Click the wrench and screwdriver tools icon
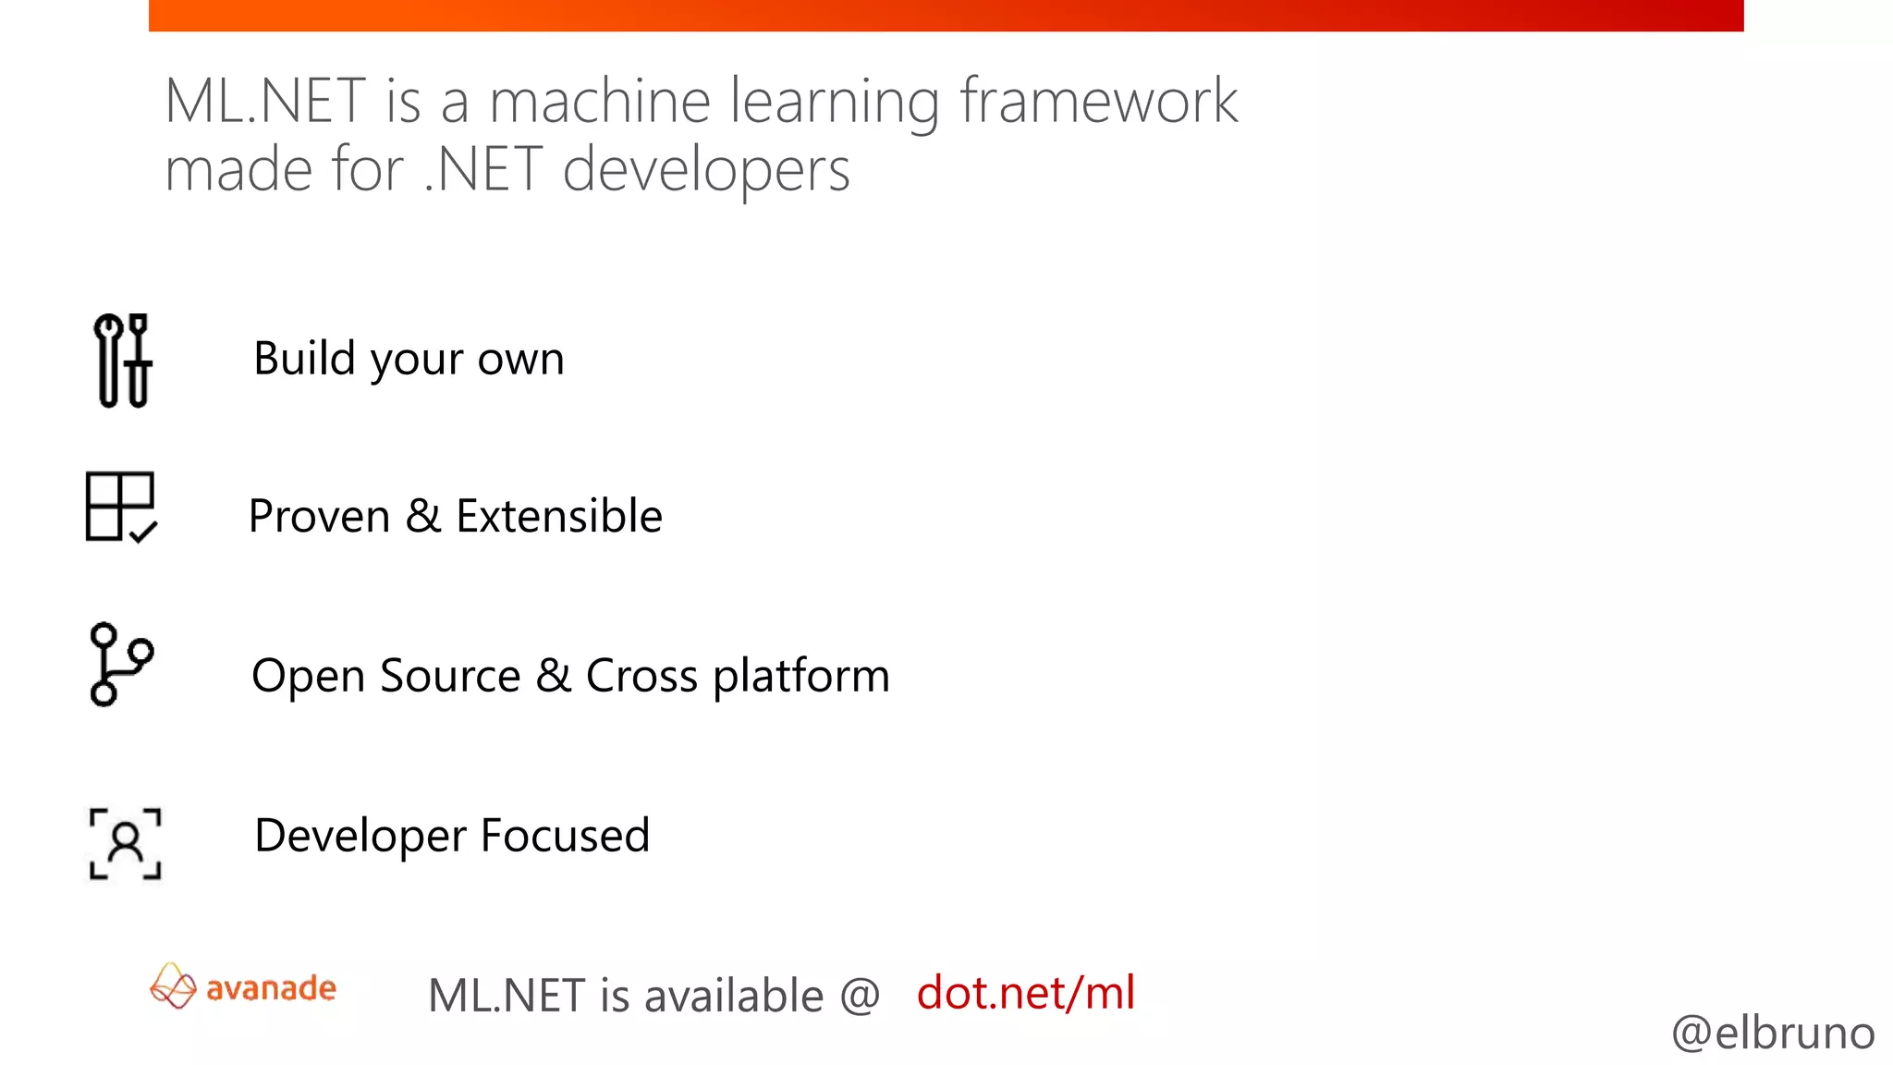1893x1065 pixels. pyautogui.click(x=123, y=361)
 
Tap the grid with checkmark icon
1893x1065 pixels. pyautogui.click(x=121, y=507)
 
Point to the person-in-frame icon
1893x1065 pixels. pyautogui.click(x=126, y=843)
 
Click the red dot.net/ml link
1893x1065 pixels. pyautogui.click(x=1025, y=993)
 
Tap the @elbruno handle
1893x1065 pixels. pyautogui.click(x=1772, y=1033)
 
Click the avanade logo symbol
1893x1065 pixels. pyautogui.click(x=173, y=986)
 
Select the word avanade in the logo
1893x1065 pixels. pyautogui.click(x=271, y=988)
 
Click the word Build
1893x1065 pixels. pyautogui.click(x=304, y=358)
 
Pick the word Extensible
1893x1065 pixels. pyautogui.click(x=559, y=516)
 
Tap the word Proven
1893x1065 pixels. pyautogui.click(x=319, y=516)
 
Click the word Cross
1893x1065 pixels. pyautogui.click(x=641, y=676)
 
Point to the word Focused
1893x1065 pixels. pyautogui.click(x=565, y=836)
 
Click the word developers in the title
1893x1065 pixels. pyautogui.click(x=706, y=172)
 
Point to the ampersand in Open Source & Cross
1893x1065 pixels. pyautogui.click(x=553, y=675)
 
